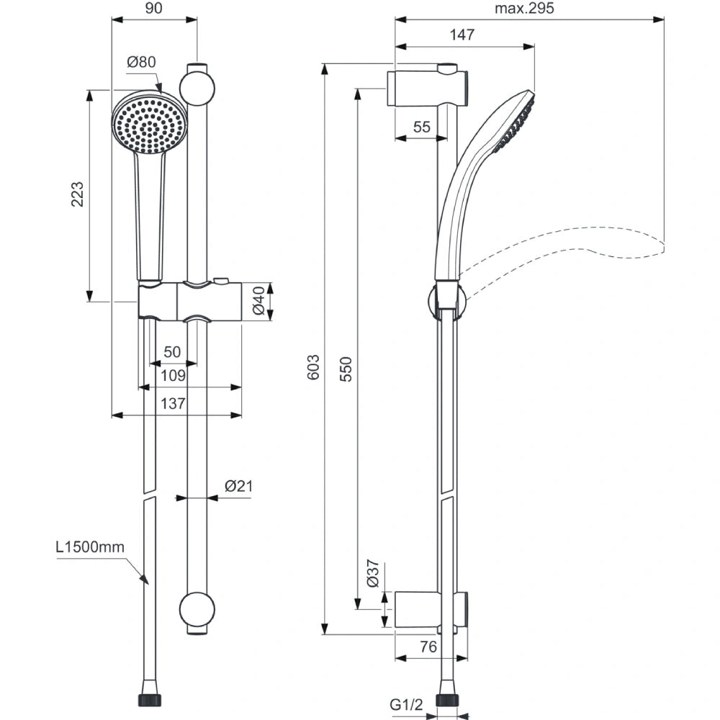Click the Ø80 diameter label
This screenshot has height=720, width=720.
coord(141,63)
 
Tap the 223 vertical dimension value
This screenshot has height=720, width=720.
coord(77,195)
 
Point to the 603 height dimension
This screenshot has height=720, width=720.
coord(312,368)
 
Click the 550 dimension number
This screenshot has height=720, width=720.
coord(346,368)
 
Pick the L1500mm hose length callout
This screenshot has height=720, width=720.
coord(90,547)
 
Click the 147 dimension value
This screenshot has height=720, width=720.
coord(464,35)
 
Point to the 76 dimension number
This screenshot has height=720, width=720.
coord(428,647)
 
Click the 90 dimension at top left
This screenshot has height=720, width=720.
coord(153,9)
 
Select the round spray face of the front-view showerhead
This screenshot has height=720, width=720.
coord(150,123)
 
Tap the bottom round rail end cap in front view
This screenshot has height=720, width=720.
coord(197,611)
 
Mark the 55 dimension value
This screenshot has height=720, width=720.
coord(422,127)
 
